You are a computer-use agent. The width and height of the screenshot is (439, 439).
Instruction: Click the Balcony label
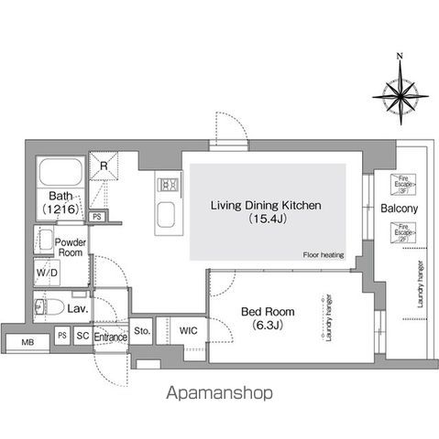(399, 209)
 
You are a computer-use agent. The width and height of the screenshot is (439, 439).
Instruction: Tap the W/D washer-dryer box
(47, 273)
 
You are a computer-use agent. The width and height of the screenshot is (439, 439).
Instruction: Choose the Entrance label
(110, 337)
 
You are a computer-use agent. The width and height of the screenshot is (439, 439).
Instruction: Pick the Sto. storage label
(141, 330)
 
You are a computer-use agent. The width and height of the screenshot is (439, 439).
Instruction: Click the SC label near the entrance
(82, 337)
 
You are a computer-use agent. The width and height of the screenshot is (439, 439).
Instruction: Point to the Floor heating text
(322, 255)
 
